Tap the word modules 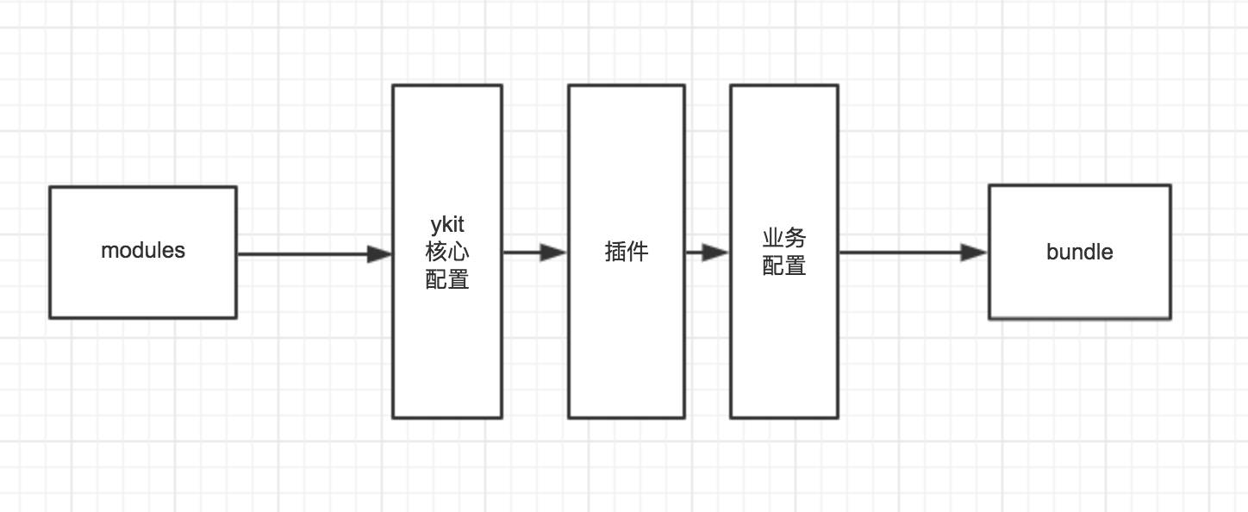(x=143, y=251)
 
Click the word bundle (x=1079, y=253)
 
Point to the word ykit (x=447, y=225)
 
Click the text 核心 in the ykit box (x=447, y=253)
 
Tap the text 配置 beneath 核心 (x=447, y=279)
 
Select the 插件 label (x=627, y=252)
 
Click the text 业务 (x=784, y=239)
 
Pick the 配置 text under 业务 (x=784, y=265)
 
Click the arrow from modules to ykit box (x=302, y=253)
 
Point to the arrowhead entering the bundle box (x=975, y=253)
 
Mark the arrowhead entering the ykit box (x=380, y=253)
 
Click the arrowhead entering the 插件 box (x=554, y=253)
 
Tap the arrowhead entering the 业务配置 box (x=716, y=253)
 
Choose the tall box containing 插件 (x=627, y=345)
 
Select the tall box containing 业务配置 (x=784, y=345)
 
